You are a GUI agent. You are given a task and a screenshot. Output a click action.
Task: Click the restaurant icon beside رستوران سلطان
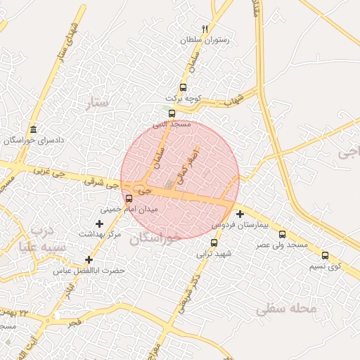(205, 30)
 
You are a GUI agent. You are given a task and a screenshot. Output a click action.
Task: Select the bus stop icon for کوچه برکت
(184, 88)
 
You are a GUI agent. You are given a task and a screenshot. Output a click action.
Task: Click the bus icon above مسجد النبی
(172, 112)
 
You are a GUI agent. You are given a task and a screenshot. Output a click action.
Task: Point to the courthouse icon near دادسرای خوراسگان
(33, 129)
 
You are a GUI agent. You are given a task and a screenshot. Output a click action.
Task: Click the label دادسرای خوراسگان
(34, 141)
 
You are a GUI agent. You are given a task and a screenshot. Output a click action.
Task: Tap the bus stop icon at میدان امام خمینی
(128, 198)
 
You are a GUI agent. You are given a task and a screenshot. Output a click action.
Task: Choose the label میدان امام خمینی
(129, 210)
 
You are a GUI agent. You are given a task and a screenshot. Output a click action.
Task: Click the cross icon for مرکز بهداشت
(99, 223)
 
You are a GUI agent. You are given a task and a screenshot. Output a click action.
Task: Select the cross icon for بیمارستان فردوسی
(240, 214)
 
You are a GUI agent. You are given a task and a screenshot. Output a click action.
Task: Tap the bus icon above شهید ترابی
(214, 243)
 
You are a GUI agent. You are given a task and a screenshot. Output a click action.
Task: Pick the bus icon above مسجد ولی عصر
(283, 234)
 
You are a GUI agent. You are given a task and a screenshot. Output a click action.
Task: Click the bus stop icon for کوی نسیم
(325, 255)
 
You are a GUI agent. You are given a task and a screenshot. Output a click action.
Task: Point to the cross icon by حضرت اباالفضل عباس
(89, 259)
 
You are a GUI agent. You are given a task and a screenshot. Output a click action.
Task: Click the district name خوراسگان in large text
(155, 238)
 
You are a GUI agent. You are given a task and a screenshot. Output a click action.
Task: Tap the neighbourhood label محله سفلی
(286, 309)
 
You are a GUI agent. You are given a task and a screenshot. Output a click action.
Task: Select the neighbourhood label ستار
(98, 103)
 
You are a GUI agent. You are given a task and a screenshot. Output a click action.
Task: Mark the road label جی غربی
(48, 170)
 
